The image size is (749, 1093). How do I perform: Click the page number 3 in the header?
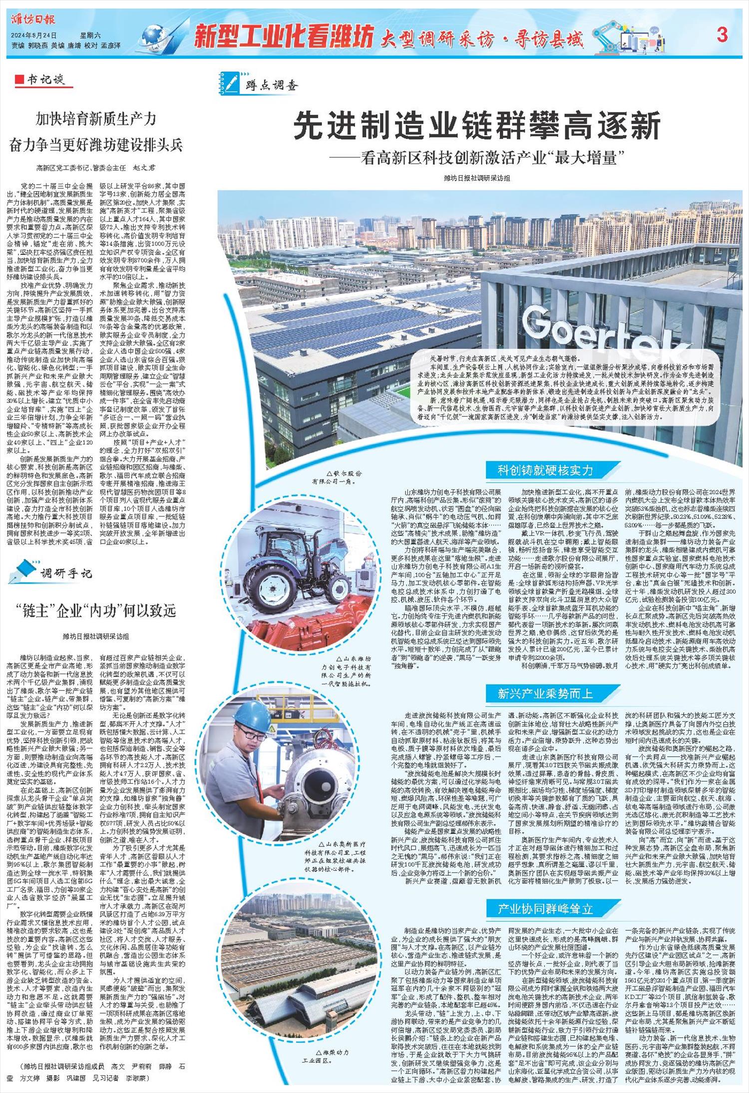pos(722,35)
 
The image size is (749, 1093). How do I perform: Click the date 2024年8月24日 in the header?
pos(34,35)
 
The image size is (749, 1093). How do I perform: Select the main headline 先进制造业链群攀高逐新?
pos(477,126)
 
